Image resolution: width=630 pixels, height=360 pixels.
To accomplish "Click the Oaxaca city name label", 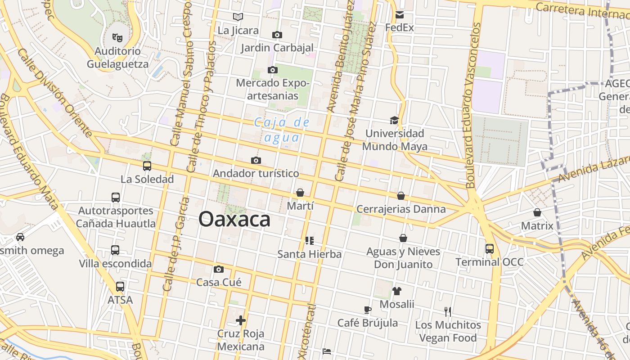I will (234, 219).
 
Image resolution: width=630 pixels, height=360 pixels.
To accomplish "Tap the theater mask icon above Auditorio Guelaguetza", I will (117, 37).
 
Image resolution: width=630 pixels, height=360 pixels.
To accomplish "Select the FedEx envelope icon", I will (400, 15).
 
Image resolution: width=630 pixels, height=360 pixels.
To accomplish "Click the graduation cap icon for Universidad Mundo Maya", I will (394, 120).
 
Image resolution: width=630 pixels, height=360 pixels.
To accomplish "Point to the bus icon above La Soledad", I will (147, 166).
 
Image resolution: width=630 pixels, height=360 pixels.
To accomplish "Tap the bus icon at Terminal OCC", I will (489, 248).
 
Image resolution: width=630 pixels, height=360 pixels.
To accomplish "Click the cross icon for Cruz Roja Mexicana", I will (241, 320).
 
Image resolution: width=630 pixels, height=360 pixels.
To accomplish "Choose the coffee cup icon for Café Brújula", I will (368, 310).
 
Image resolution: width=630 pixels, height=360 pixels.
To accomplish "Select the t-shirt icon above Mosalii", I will (396, 291).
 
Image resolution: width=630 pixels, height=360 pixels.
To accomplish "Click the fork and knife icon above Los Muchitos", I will (448, 311).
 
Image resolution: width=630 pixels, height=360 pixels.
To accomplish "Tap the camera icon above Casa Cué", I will (219, 269).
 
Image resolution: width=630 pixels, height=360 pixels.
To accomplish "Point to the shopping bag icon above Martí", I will (300, 193).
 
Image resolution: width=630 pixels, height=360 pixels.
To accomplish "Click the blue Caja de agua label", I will (282, 130).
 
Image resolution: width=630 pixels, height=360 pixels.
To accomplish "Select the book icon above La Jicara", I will (238, 17).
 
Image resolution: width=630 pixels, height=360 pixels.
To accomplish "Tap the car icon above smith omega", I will (20, 237).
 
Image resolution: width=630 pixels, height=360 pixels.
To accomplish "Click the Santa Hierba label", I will (309, 254).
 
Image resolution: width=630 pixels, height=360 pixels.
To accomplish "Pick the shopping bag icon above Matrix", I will (537, 212).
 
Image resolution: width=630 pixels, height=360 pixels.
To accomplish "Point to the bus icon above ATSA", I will (120, 286).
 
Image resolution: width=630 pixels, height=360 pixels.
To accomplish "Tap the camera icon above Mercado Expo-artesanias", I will (272, 70).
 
